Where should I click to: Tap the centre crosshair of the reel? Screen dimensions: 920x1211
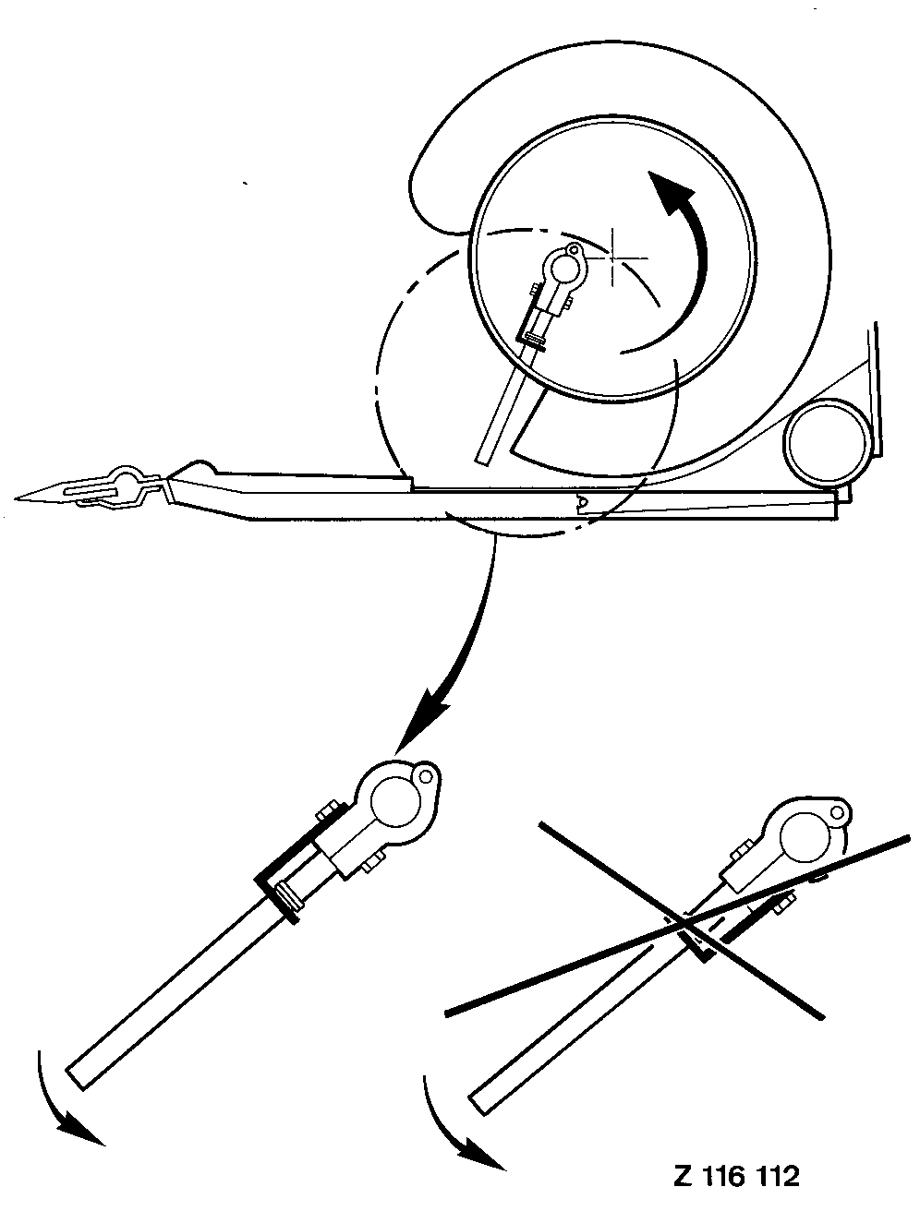coord(613,258)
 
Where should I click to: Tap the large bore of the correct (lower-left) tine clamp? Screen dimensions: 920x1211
coord(393,803)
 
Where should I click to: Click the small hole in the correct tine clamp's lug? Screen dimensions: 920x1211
coord(426,776)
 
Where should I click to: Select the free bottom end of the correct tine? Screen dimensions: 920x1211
coord(75,1079)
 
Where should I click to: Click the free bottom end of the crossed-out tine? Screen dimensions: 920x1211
coord(479,1103)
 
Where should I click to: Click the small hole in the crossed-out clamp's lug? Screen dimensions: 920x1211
coord(838,812)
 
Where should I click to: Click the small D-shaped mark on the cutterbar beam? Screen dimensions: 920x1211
coord(581,501)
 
